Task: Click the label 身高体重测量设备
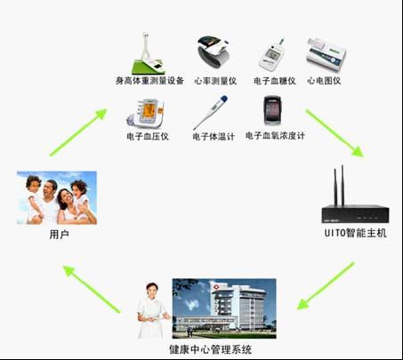[x=149, y=81]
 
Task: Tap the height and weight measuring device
[x=149, y=53]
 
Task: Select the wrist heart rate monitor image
[x=214, y=52]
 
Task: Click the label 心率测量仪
[x=215, y=81]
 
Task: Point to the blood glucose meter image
[x=272, y=55]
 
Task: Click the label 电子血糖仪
[x=275, y=81]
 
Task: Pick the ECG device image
[x=326, y=54]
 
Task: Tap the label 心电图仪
[x=324, y=81]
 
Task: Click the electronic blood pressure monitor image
[x=145, y=114]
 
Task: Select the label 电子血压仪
[x=148, y=136]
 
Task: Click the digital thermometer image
[x=210, y=112]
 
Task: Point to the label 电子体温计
[x=214, y=137]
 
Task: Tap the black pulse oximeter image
[x=272, y=110]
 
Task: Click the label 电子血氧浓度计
[x=275, y=136]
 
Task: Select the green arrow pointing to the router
[x=334, y=133]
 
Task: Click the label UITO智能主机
[x=356, y=233]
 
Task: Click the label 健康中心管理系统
[x=211, y=349]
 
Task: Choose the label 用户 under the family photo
[x=60, y=235]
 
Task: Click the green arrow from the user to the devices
[x=78, y=132]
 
